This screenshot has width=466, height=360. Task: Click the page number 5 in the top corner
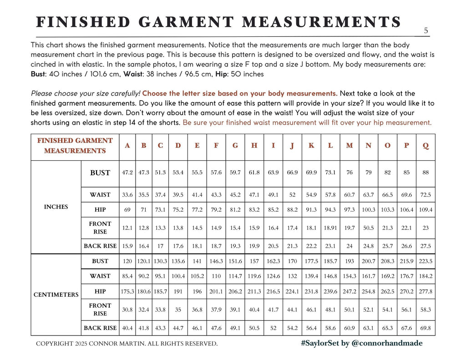click(x=425, y=31)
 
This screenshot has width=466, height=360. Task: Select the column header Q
click(x=425, y=146)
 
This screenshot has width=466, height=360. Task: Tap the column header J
click(x=292, y=146)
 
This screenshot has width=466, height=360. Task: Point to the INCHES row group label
click(x=56, y=207)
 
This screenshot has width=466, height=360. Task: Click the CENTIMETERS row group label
click(x=56, y=294)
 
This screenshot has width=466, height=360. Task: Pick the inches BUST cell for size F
click(x=216, y=173)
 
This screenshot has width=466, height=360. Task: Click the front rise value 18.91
click(x=330, y=228)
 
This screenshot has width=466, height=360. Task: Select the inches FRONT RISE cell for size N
click(x=368, y=228)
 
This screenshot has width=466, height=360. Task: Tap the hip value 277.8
click(x=425, y=291)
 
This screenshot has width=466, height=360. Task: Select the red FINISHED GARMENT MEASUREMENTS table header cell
click(x=75, y=146)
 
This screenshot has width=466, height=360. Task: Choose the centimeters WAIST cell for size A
click(x=127, y=276)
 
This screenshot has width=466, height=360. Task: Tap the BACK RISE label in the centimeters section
click(x=100, y=328)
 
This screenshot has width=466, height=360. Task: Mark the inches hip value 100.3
click(x=368, y=210)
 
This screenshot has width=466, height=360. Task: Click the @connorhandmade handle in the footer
click(x=387, y=343)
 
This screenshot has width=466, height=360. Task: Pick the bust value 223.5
click(x=425, y=261)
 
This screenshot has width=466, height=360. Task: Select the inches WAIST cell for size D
click(x=178, y=195)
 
